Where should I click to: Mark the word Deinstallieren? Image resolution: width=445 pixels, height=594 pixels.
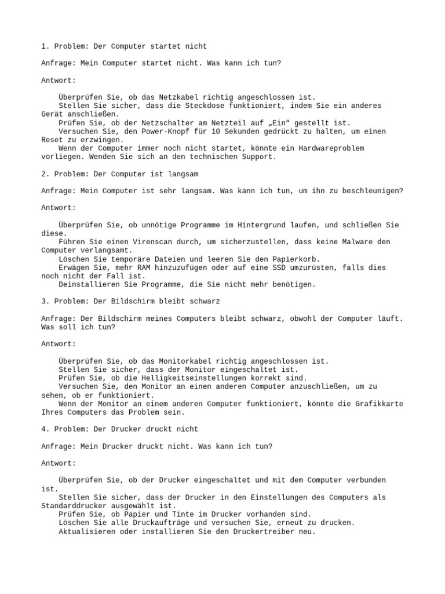tap(87, 284)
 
